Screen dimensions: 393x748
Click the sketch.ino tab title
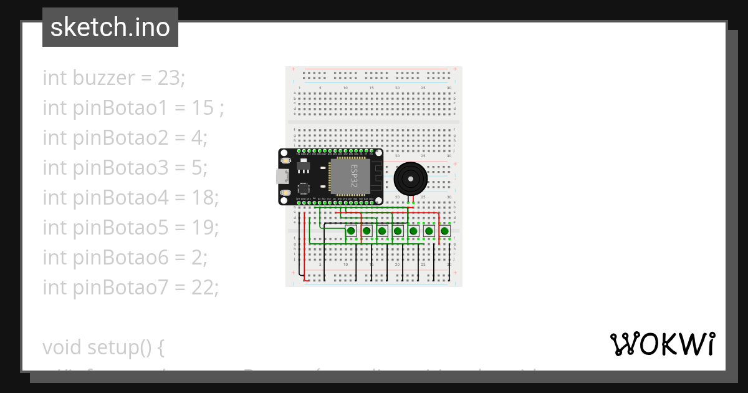[x=110, y=27]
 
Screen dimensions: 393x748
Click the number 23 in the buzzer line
[x=172, y=78]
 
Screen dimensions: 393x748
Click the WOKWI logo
[x=662, y=344]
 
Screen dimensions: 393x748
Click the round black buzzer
[x=411, y=178]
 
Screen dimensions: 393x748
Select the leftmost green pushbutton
[x=351, y=231]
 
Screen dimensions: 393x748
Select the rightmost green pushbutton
[x=444, y=231]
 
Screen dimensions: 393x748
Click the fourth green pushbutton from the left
[x=398, y=231]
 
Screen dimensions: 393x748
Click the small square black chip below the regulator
[x=304, y=188]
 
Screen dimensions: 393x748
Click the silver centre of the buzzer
[x=411, y=178]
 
